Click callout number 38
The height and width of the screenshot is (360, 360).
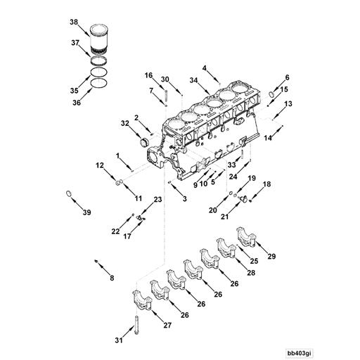pyautogui.click(x=74, y=22)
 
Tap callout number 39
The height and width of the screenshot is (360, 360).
pyautogui.click(x=87, y=212)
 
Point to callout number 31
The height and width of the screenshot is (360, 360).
pyautogui.click(x=117, y=341)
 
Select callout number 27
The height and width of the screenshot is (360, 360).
pyautogui.click(x=167, y=326)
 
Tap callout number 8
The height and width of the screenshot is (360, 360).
pyautogui.click(x=110, y=278)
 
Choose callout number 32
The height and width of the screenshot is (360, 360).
pyautogui.click(x=124, y=123)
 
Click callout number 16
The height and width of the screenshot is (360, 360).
pyautogui.click(x=149, y=75)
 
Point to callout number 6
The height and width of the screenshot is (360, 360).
pyautogui.click(x=286, y=77)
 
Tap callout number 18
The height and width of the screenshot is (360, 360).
pyautogui.click(x=266, y=184)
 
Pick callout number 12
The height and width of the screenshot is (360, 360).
pyautogui.click(x=101, y=165)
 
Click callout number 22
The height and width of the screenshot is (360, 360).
pyautogui.click(x=115, y=231)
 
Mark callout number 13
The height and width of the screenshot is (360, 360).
pyautogui.click(x=288, y=104)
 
